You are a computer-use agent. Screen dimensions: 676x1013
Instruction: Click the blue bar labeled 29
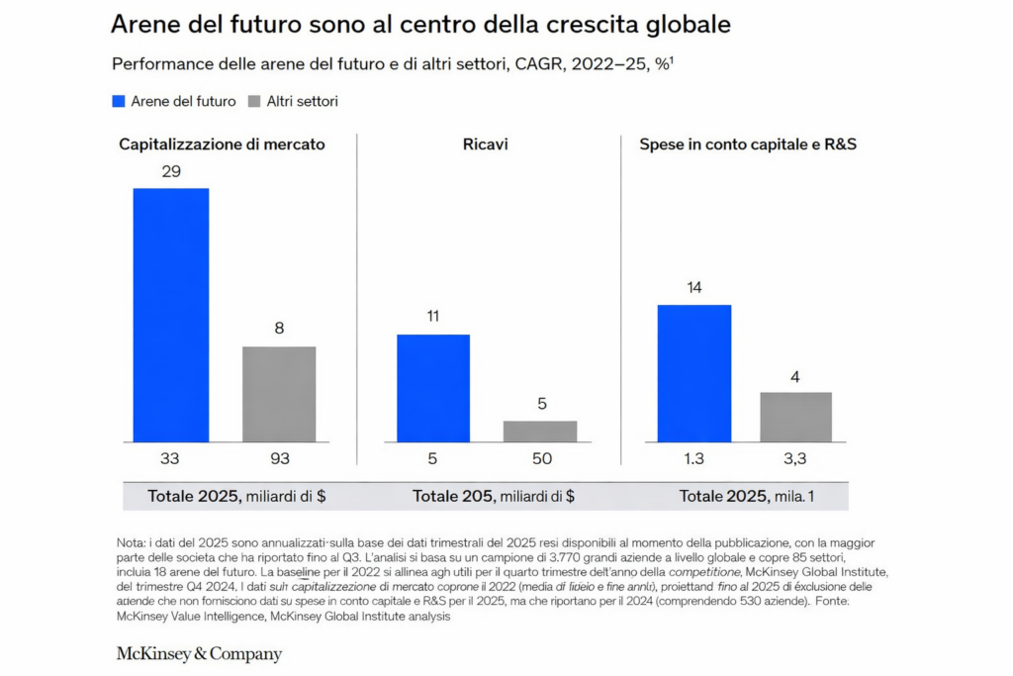171,315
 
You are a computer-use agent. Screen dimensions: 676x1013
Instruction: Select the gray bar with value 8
279,394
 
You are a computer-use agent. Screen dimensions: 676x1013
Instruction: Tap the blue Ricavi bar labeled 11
433,388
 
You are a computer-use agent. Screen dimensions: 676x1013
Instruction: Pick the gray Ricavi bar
540,432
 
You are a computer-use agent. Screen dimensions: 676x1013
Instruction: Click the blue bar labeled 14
694,373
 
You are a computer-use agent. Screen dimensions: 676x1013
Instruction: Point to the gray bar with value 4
795,417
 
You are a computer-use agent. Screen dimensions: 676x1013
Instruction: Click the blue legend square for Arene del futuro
119,101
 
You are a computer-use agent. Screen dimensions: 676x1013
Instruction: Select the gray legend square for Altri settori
254,101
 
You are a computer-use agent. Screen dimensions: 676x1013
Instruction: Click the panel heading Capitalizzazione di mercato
222,145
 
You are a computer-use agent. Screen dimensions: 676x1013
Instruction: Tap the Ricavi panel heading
487,145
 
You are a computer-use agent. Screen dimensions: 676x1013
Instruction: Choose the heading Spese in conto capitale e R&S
748,145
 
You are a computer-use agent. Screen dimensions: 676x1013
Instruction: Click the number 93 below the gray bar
279,459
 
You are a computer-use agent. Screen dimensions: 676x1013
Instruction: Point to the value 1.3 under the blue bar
694,459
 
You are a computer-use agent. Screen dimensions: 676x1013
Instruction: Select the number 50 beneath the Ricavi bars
540,459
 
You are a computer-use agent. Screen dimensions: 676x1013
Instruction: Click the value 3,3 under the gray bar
795,459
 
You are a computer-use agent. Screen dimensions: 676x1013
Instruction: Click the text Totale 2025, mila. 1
747,496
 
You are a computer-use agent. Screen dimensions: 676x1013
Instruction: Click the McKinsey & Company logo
199,653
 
